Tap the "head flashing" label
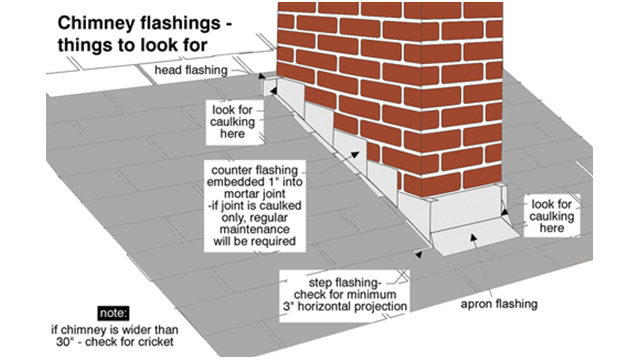191,71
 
